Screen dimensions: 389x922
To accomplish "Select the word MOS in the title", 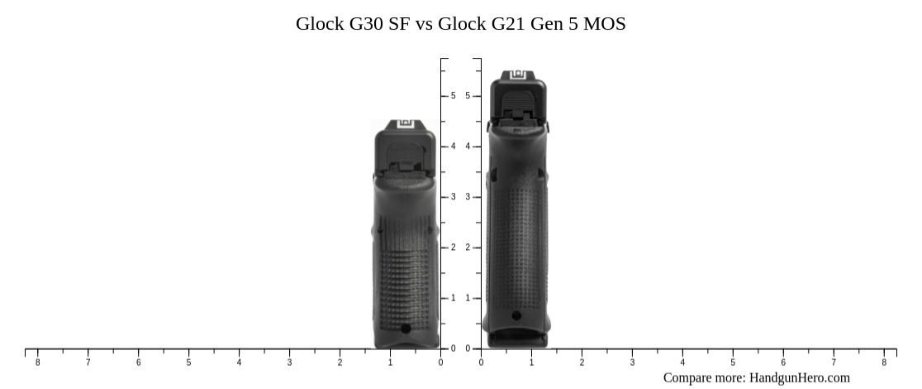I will (x=604, y=24).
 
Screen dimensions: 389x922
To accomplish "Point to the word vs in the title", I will (x=424, y=24).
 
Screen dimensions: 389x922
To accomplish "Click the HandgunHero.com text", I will (x=799, y=377).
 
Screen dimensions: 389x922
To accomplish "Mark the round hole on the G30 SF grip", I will (x=406, y=329).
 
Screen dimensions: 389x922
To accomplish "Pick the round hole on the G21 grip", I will (x=516, y=315).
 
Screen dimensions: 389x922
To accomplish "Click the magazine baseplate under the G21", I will (x=517, y=339).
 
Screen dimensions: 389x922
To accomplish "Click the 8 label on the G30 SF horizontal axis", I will (x=37, y=363).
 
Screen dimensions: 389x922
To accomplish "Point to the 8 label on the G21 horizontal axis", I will (x=884, y=363).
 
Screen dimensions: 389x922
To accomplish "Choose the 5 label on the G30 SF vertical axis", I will (x=453, y=96).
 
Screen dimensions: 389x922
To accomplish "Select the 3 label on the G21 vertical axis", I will (x=468, y=197).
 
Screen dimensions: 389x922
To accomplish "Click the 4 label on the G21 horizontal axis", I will (x=682, y=363).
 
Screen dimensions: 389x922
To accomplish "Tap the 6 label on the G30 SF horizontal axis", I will (x=138, y=363).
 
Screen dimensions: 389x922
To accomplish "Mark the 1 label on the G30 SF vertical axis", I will (x=453, y=298).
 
